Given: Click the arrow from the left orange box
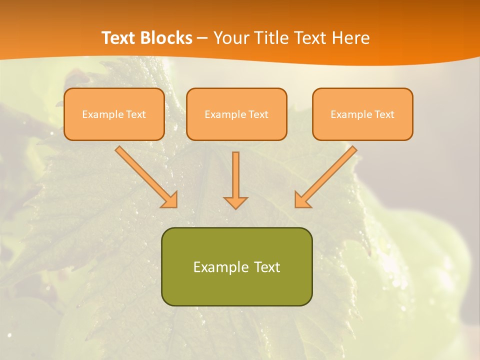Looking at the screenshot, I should pos(145,176).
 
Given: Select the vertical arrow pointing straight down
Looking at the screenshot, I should pos(235,175).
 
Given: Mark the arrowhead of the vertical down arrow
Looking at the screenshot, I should pos(235,202).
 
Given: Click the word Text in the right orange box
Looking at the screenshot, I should pos(384,114).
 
